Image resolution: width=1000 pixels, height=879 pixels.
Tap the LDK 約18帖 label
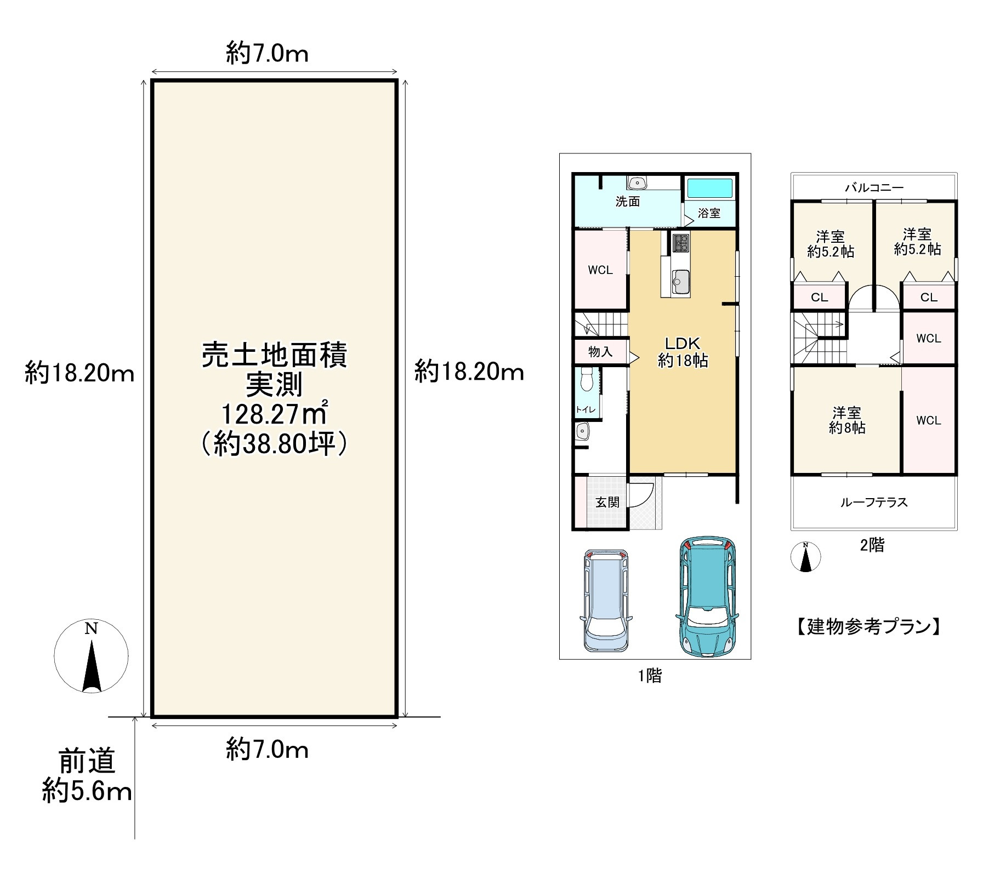683,352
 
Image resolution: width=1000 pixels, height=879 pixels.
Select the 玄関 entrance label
607,502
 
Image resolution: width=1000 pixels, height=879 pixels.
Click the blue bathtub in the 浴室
709,188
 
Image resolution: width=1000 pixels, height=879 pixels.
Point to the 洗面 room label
627,202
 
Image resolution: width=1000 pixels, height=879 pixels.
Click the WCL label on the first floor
600,270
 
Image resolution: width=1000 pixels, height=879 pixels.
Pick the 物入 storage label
600,351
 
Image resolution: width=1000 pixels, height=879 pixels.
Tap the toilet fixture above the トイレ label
587,379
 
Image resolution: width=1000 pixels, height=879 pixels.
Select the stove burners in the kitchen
681,243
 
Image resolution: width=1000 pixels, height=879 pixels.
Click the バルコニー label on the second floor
874,187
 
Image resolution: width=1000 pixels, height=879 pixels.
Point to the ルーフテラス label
874,502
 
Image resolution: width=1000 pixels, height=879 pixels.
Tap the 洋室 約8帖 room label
846,420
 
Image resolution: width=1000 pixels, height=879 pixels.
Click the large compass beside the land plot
91,655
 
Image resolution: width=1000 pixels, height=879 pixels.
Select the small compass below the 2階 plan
805,557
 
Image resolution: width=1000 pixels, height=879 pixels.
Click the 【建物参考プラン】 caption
868,626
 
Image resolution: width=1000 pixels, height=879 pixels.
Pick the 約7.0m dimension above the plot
267,54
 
